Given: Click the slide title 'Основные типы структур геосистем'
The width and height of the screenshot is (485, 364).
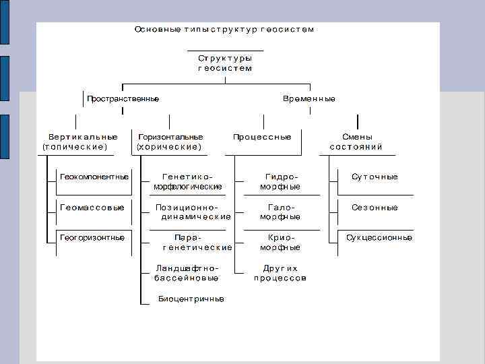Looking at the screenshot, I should pos(224,29).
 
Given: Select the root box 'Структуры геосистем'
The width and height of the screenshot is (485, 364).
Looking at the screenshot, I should pos(225,63).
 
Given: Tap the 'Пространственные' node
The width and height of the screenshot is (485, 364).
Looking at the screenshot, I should pos(123,99).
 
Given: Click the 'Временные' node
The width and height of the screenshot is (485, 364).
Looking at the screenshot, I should pos(309,99).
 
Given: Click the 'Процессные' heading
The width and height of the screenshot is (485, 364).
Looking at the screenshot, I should pos(262,137).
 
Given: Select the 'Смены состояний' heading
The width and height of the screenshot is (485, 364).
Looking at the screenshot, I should pos(356,142).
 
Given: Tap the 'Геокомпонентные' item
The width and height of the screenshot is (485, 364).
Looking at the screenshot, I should pos(94,177).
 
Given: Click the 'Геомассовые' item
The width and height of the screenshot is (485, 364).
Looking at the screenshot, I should pos(92,208).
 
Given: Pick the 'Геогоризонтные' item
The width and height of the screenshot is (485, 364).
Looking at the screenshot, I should pos(92,237).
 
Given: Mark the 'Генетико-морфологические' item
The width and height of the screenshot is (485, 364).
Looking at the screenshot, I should pos(188,181).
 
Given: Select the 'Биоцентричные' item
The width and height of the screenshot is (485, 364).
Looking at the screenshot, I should pos(191,299).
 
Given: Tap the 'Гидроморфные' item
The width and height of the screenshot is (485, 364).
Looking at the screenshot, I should pos(280,181).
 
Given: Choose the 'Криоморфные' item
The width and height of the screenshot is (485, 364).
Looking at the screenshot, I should pos(280,242).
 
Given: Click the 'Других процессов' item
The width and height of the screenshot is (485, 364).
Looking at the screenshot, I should pos(280,272).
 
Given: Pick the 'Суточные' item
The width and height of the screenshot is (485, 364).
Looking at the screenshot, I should pos(375,177).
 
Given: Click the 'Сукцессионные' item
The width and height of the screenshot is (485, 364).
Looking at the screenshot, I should pos(379,237).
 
